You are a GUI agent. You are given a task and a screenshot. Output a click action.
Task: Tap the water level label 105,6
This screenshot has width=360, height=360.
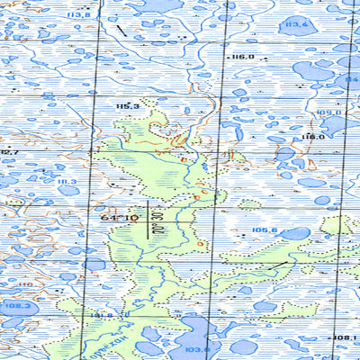[265, 230]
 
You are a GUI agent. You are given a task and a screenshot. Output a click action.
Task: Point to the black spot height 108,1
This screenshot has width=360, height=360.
[346, 338]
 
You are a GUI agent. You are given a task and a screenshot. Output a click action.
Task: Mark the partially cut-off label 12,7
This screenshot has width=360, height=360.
[10, 152]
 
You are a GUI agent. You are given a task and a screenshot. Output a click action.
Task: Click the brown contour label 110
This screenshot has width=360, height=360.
[25, 284]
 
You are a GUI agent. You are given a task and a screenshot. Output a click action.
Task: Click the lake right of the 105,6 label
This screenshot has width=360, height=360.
[294, 233]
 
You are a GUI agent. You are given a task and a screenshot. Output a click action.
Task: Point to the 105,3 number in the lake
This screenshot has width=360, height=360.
[16, 307]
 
